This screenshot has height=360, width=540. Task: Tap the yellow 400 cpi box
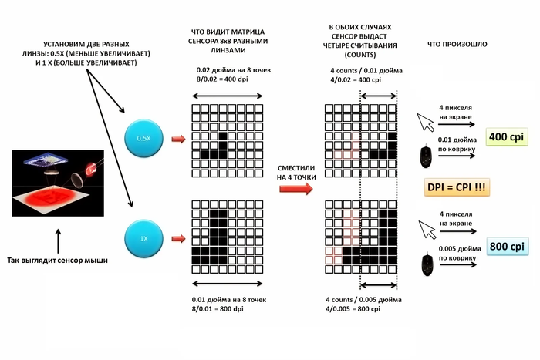pyautogui.click(x=507, y=137)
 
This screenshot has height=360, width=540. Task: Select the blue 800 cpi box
pyautogui.click(x=507, y=247)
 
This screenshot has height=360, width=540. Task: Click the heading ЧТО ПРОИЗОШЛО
pyautogui.click(x=458, y=45)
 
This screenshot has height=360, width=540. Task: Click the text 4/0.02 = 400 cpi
pyautogui.click(x=361, y=80)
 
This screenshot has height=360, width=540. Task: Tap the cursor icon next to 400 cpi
pyautogui.click(x=426, y=121)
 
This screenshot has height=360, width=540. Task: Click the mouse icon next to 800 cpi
pyautogui.click(x=426, y=264)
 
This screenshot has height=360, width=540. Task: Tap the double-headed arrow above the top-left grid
pyautogui.click(x=227, y=96)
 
